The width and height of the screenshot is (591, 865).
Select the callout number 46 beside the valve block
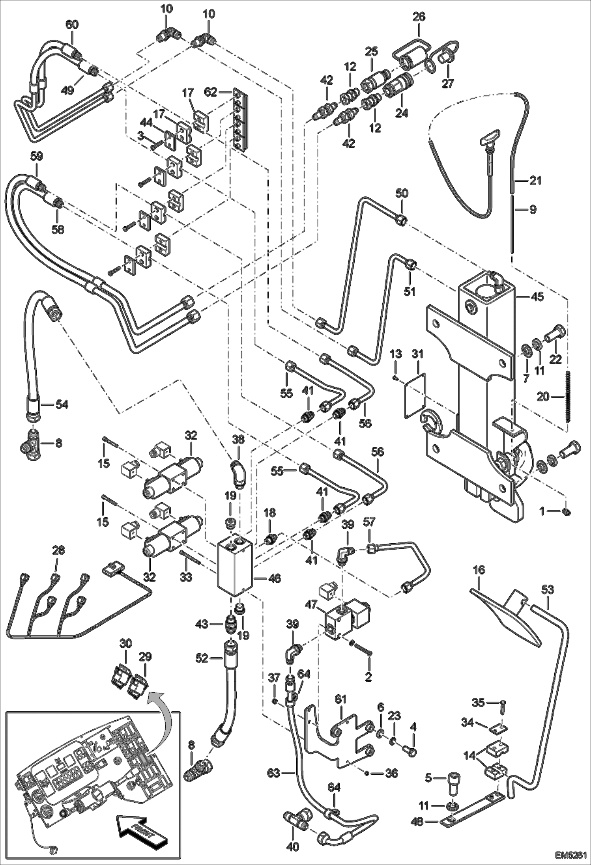point(274,578)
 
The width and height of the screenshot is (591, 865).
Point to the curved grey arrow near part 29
point(160,708)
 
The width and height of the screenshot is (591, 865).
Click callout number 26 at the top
point(419,17)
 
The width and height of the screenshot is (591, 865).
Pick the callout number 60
point(72,25)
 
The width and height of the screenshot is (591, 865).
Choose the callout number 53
point(548,590)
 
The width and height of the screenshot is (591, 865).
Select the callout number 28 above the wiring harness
point(58,550)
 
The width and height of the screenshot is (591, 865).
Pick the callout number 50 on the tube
point(402,193)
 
